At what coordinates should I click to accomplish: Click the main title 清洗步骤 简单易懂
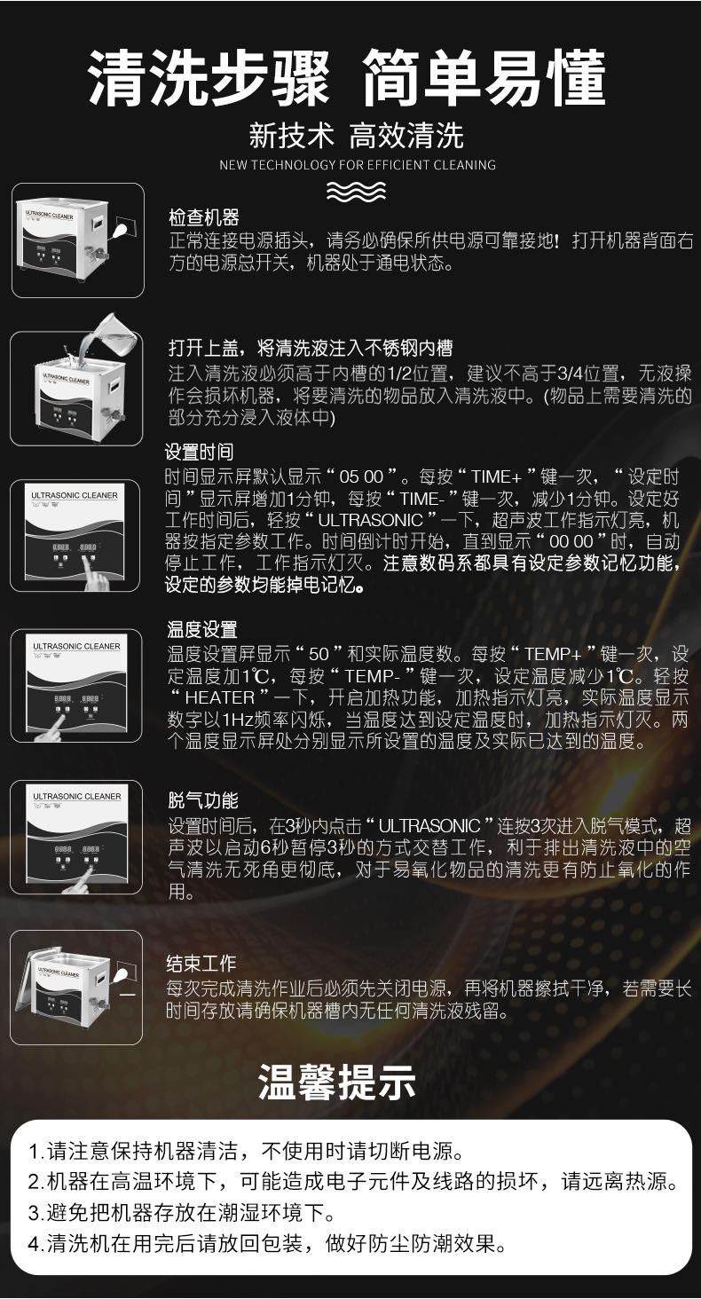349,78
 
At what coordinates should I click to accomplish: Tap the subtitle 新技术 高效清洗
356,135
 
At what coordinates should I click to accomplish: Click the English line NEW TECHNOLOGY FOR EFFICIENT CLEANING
357,165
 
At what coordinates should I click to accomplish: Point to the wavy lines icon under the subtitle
356,191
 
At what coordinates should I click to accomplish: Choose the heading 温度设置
202,630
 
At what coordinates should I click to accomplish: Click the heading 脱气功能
203,801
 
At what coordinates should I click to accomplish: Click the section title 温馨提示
337,1083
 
